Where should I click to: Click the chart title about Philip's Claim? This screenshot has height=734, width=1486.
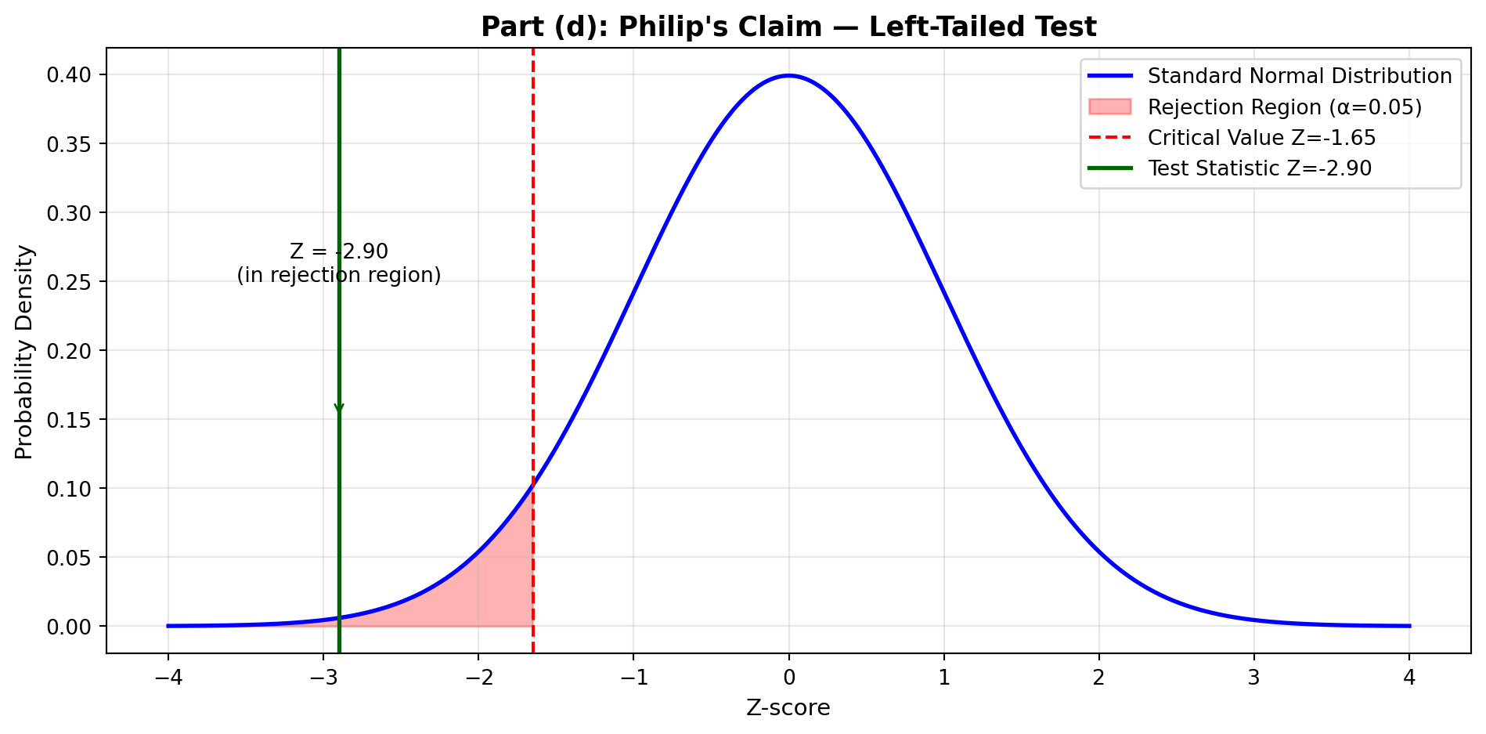pyautogui.click(x=788, y=27)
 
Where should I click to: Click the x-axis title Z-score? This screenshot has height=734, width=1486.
pyautogui.click(x=788, y=708)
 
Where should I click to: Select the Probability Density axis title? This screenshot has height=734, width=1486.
pyautogui.click(x=25, y=352)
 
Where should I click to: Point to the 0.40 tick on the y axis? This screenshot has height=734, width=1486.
pyautogui.click(x=70, y=75)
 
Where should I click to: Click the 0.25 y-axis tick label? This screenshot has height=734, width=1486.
pyautogui.click(x=70, y=282)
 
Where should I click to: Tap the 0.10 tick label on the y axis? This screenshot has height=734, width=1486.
pyautogui.click(x=70, y=489)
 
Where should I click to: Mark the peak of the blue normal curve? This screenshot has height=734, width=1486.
pyautogui.click(x=788, y=76)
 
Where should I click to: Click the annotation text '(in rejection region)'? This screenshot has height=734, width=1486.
pyautogui.click(x=339, y=276)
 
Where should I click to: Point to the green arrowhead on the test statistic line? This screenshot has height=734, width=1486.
pyautogui.click(x=339, y=410)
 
